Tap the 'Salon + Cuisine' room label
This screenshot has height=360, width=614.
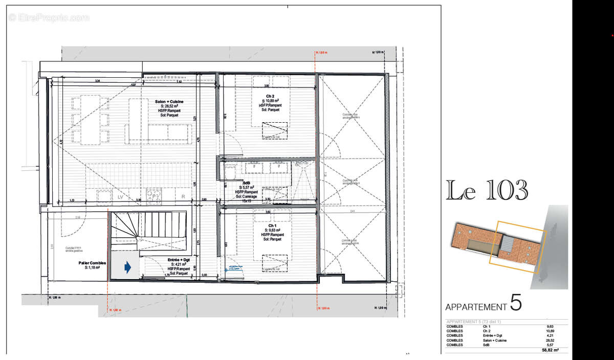[x=169, y=102]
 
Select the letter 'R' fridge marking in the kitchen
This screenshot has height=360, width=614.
[x=183, y=196]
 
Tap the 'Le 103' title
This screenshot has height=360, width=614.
[x=487, y=191]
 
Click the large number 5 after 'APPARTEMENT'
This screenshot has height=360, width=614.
[x=516, y=303]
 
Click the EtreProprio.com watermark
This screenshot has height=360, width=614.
[x=49, y=18]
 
